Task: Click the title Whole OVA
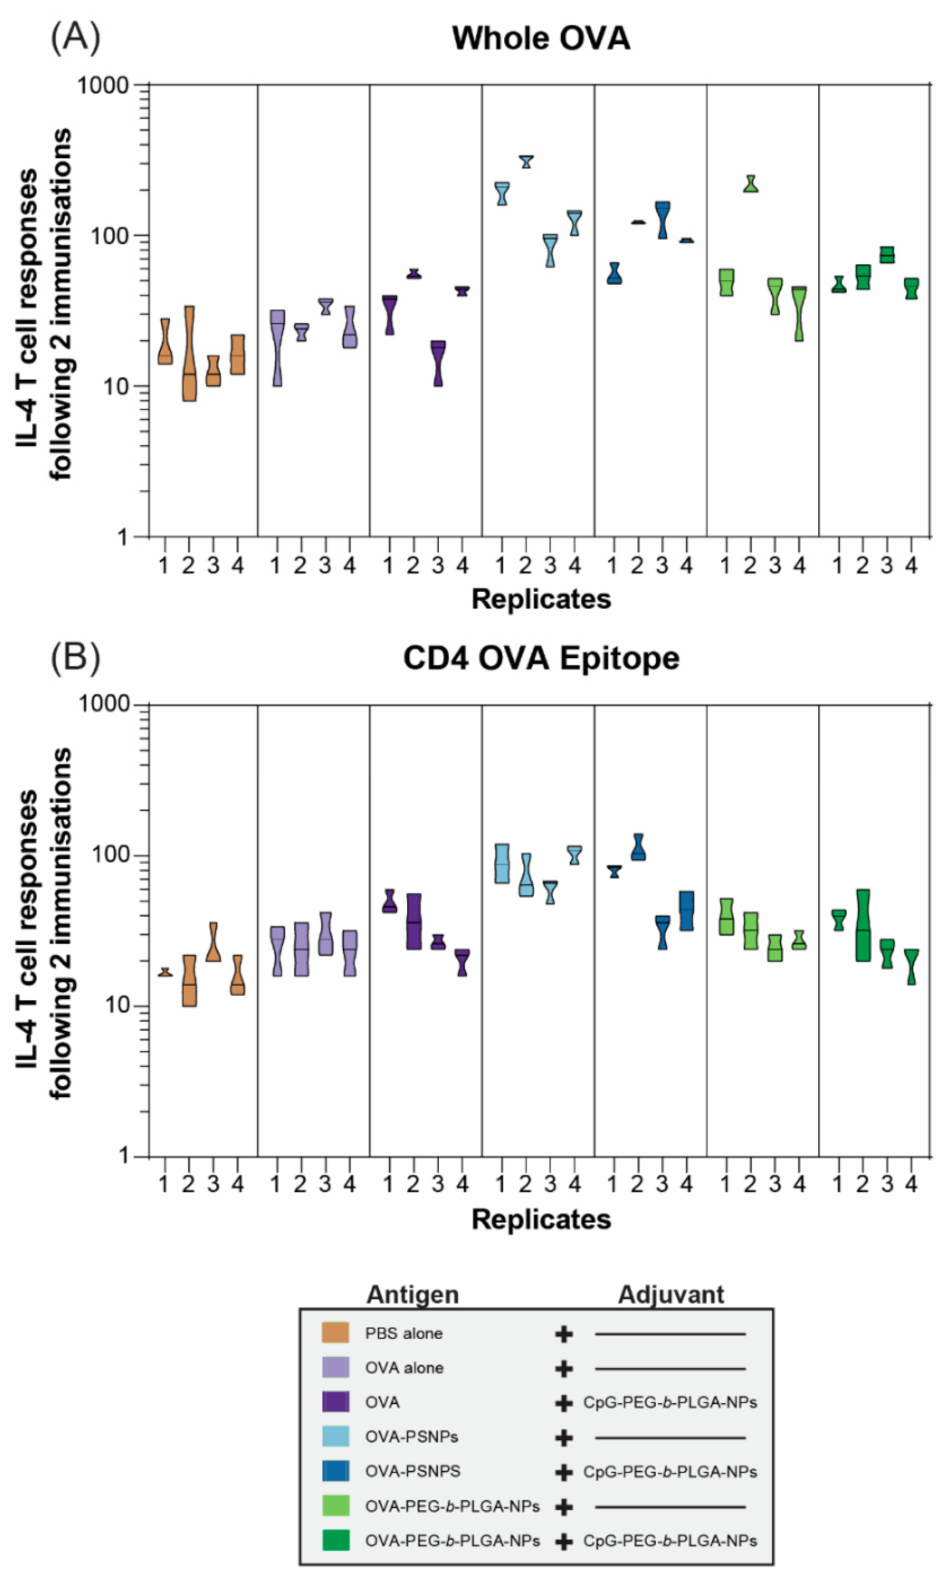point(540,38)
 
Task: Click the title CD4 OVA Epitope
point(540,658)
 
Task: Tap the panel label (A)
point(75,37)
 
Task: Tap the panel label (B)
point(75,657)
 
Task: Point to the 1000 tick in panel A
point(103,85)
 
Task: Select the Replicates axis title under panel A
point(540,599)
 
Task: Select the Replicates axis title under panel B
point(540,1219)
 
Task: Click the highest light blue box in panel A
point(526,162)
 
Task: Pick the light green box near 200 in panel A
point(751,184)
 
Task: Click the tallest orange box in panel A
point(189,354)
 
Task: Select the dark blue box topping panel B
point(637,847)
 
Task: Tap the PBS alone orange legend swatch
point(335,1333)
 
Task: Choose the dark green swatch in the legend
point(335,1540)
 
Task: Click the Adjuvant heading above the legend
point(670,1295)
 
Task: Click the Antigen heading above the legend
point(412,1295)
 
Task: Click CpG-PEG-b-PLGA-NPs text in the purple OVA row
point(670,1403)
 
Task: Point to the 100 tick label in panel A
point(110,235)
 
